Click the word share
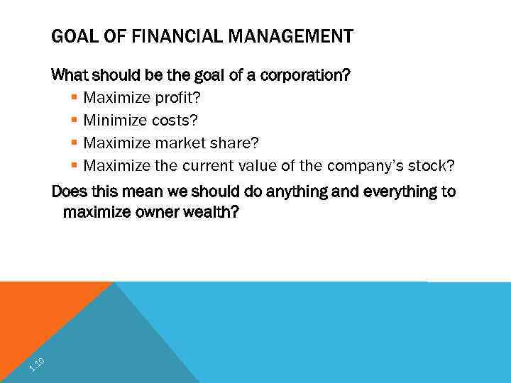(x=232, y=143)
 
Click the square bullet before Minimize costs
(x=75, y=119)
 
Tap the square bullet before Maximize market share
(x=75, y=143)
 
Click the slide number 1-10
(x=37, y=365)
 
